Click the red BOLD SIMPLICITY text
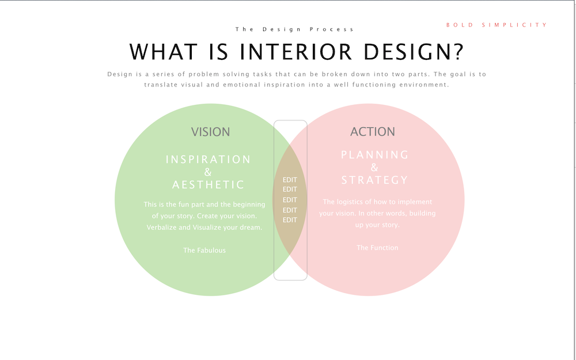pos(497,25)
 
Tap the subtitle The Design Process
pos(294,29)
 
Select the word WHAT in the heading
pos(164,52)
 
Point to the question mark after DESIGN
pos(459,52)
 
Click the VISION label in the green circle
pos(210,132)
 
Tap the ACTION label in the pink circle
pos(373,131)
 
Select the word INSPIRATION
pos(209,160)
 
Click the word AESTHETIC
pos(209,184)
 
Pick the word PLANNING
pos(375,154)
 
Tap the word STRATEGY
pos(375,180)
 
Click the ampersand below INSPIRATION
pos(208,172)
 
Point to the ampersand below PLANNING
pos(374,168)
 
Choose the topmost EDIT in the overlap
pos(290,180)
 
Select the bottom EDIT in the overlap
pos(290,220)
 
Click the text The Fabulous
pos(204,250)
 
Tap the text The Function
pos(377,248)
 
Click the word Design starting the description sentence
pos(120,74)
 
